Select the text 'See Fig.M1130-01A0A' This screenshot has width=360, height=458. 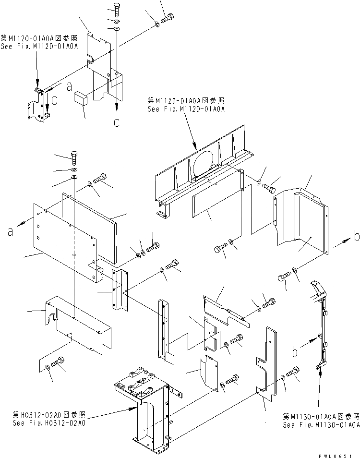[321, 425]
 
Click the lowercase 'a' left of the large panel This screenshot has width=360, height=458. [10, 232]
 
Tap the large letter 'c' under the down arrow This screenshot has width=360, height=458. [116, 123]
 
